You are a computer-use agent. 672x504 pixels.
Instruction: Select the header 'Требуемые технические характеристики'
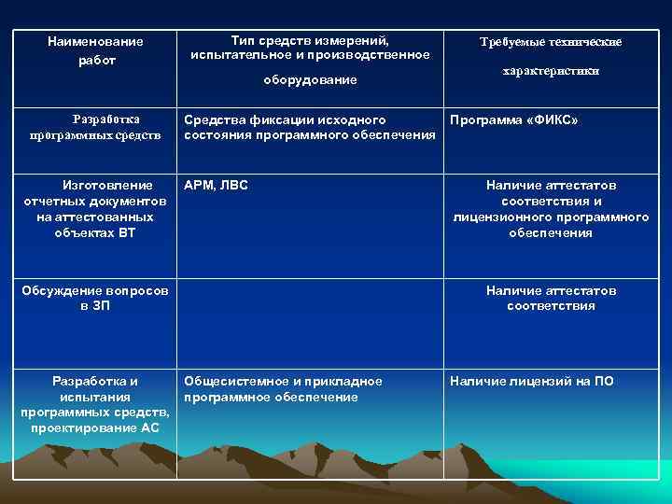(x=551, y=56)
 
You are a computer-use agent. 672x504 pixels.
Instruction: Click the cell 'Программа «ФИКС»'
(x=513, y=120)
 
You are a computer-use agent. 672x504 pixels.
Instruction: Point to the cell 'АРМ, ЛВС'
(x=217, y=185)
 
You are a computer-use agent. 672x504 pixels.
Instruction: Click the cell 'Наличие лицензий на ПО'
(x=532, y=381)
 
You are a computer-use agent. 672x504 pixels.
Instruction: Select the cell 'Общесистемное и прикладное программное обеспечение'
(x=284, y=389)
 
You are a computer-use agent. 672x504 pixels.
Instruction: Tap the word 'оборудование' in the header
(x=310, y=80)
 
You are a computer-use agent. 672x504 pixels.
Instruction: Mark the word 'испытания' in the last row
(x=95, y=396)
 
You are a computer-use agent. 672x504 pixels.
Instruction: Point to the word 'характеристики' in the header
(x=551, y=71)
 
